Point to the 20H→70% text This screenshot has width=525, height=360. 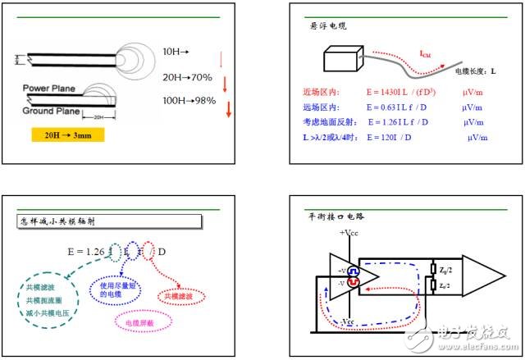(x=188, y=77)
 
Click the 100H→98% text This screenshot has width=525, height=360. (x=189, y=100)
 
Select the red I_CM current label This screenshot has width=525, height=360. (x=426, y=55)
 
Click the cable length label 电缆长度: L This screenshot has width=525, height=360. (x=470, y=72)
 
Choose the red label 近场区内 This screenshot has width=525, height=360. (x=321, y=93)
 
